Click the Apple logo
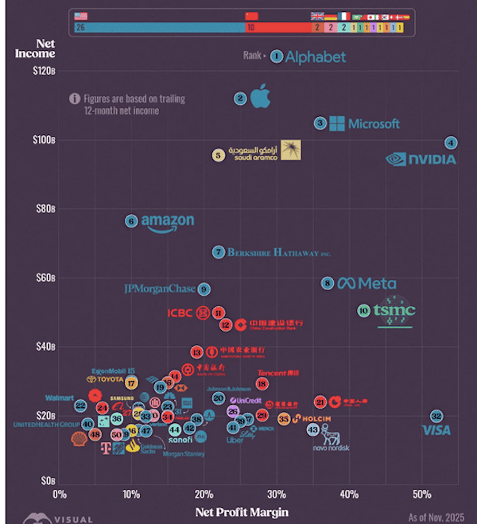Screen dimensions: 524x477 pyautogui.click(x=260, y=97)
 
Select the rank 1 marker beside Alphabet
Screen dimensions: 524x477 pyautogui.click(x=276, y=56)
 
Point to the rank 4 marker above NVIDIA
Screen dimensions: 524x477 pyautogui.click(x=451, y=143)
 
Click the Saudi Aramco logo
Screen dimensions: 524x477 pyautogui.click(x=267, y=151)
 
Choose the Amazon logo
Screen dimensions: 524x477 pyautogui.click(x=168, y=223)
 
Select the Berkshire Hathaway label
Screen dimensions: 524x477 pyautogui.click(x=278, y=253)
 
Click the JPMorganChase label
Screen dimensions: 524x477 pyautogui.click(x=160, y=289)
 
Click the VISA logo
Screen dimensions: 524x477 pyautogui.click(x=436, y=430)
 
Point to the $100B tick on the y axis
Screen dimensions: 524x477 pyautogui.click(x=43, y=140)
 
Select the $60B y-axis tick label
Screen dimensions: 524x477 pyautogui.click(x=45, y=278)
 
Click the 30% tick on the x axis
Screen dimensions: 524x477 pyautogui.click(x=277, y=495)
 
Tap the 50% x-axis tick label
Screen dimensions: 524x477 pyautogui.click(x=421, y=495)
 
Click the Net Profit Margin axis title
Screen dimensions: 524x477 pyautogui.click(x=242, y=512)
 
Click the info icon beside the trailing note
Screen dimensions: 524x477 pyautogui.click(x=75, y=99)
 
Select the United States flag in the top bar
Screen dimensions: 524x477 pyautogui.click(x=81, y=16)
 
